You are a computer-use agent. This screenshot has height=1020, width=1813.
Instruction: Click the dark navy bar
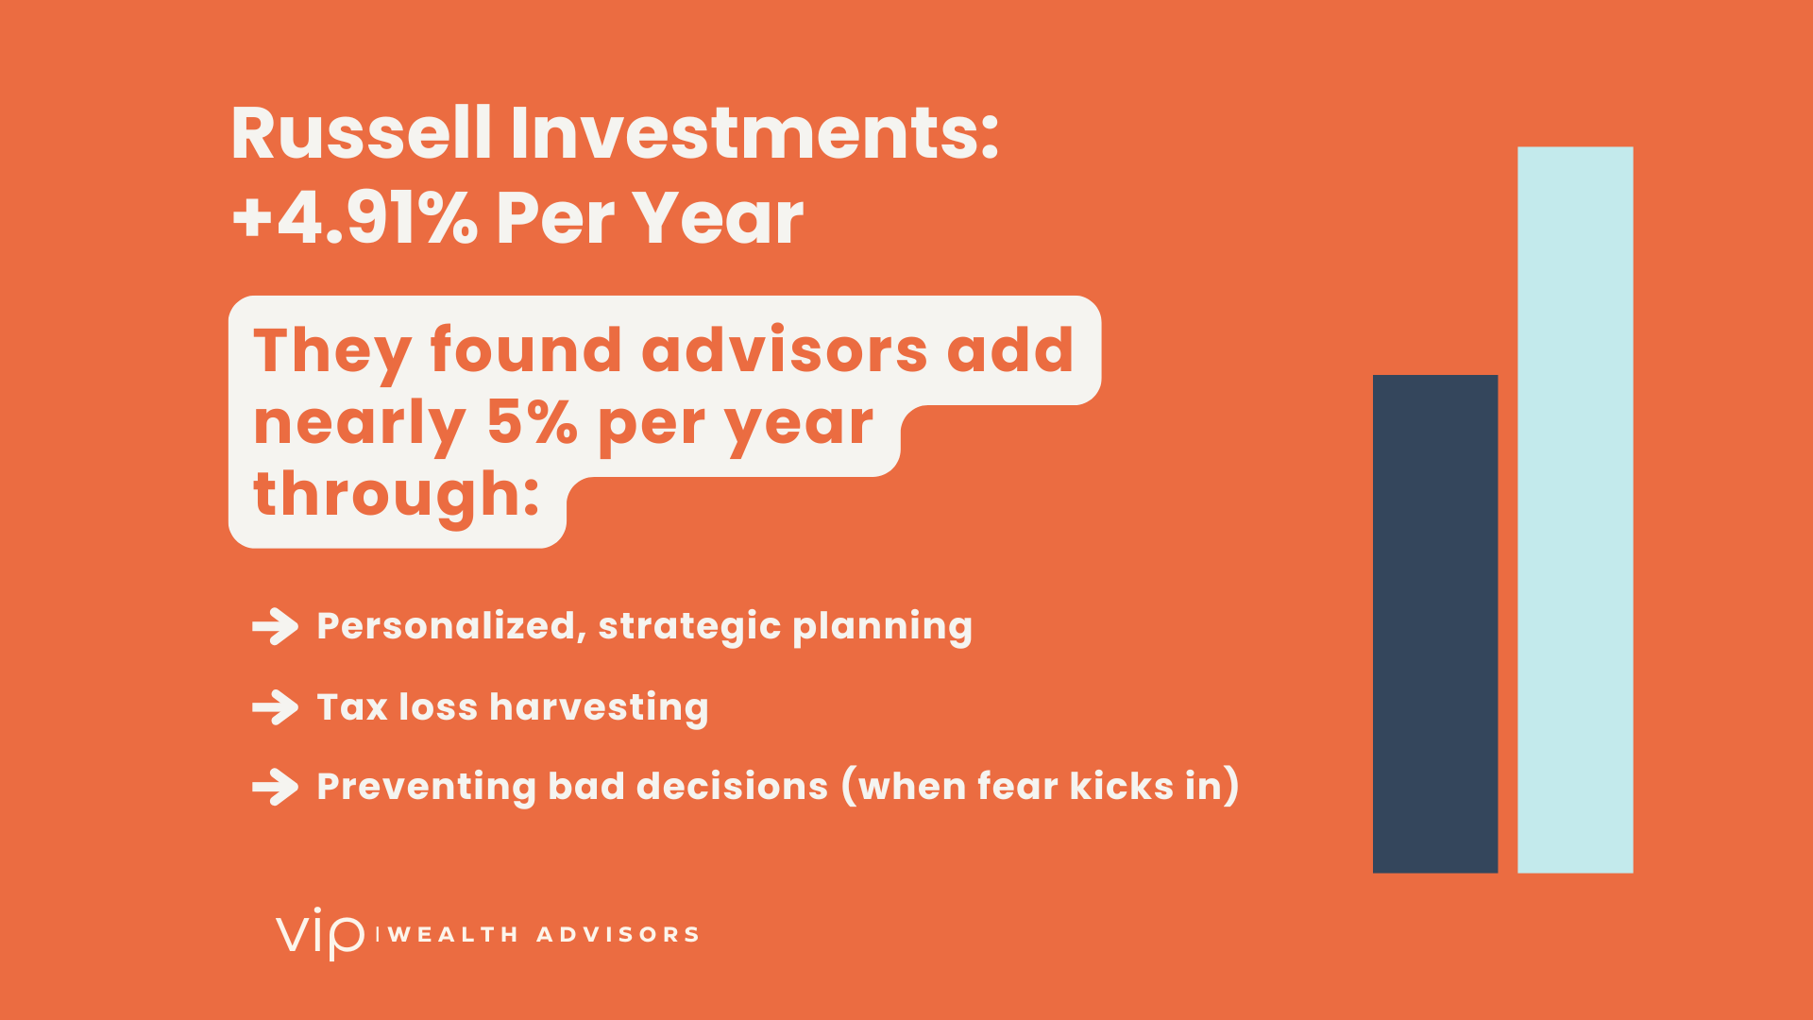[1435, 623]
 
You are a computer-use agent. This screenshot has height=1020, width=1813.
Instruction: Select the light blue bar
[1575, 510]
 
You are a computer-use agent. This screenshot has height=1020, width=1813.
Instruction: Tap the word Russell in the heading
[362, 133]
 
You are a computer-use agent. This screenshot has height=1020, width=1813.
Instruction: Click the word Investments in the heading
[754, 133]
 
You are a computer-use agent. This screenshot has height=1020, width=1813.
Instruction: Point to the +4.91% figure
[355, 218]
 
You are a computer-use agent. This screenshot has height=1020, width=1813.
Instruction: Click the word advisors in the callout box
[785, 350]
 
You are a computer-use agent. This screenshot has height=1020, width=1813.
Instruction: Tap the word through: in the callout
[397, 494]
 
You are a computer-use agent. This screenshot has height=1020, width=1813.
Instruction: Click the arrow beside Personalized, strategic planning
[276, 626]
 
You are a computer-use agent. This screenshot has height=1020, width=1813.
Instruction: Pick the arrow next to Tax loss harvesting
[276, 707]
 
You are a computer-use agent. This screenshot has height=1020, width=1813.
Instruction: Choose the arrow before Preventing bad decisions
[276, 787]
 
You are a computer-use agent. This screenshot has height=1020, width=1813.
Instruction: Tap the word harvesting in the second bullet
[599, 707]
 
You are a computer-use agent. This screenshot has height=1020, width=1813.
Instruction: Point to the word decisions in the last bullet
[732, 786]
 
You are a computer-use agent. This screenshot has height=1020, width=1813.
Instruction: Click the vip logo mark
[320, 933]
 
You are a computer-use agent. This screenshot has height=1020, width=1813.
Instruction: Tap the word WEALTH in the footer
[453, 935]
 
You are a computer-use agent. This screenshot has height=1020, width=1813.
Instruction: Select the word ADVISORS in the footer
[618, 935]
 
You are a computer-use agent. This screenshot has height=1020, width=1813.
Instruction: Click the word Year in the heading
[718, 218]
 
